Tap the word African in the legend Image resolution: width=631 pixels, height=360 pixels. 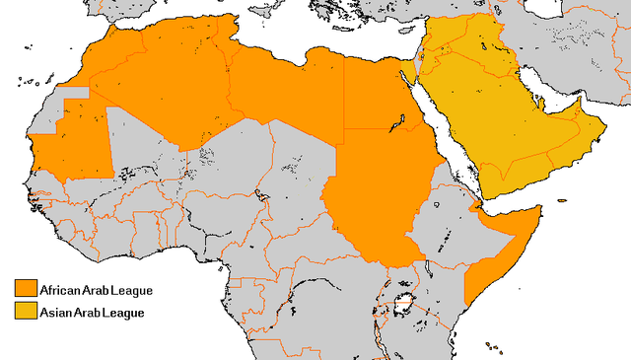tap(62, 290)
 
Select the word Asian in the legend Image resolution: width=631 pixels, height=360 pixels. tap(56, 313)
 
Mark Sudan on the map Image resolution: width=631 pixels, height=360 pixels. tap(380, 197)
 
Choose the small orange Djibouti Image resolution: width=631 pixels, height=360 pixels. tap(477, 207)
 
